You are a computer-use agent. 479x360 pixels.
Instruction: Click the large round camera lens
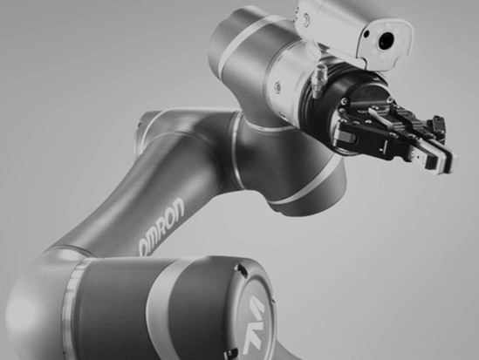click(386, 40)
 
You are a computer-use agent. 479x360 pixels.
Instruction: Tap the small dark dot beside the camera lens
click(366, 33)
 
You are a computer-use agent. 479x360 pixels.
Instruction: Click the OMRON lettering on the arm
click(162, 226)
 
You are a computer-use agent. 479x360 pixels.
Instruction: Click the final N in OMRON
click(178, 207)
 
